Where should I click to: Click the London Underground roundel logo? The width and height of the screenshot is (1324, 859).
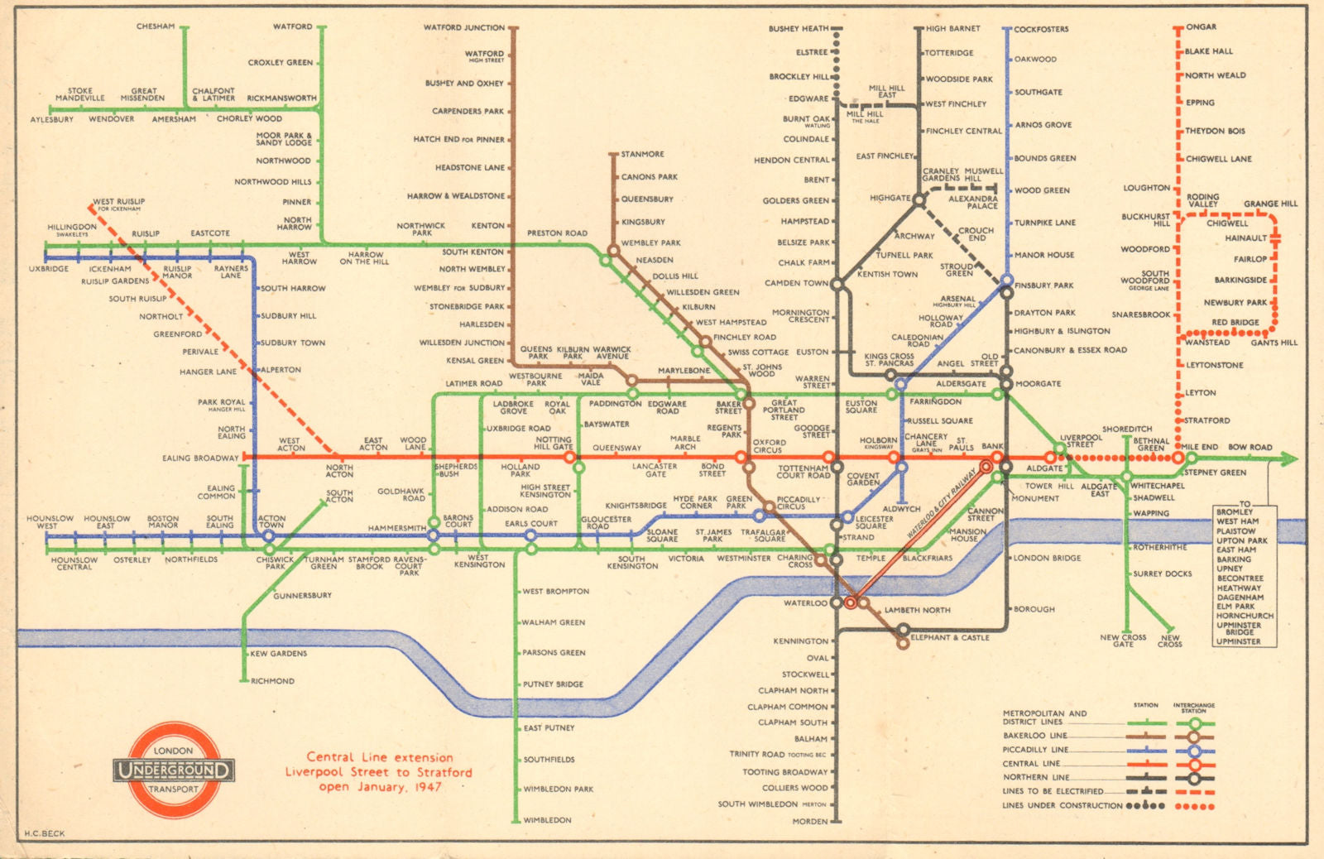[174, 770]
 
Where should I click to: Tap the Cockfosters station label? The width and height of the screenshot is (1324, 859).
[1041, 29]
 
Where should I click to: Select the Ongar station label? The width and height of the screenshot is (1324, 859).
[1201, 26]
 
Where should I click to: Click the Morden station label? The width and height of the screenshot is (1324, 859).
[809, 821]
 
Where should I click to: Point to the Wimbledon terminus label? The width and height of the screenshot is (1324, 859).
[547, 820]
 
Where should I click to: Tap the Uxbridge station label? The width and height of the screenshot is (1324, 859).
[49, 269]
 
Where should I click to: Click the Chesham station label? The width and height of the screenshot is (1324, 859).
[156, 26]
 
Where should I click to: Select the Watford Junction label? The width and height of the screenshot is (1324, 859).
[463, 27]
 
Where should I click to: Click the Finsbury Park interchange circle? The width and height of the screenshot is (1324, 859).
[1007, 281]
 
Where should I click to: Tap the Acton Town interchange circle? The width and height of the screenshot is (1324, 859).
[268, 536]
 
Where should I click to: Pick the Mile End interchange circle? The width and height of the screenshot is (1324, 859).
[1178, 458]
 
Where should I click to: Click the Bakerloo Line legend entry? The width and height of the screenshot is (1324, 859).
[1035, 735]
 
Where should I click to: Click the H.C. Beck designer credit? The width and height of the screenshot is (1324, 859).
[44, 833]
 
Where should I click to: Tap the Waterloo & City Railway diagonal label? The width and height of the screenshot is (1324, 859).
[941, 505]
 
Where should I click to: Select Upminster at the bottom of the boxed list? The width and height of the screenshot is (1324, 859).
[1238, 641]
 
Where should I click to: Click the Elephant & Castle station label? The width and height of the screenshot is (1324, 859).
[949, 637]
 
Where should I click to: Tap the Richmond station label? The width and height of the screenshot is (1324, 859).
[272, 681]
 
